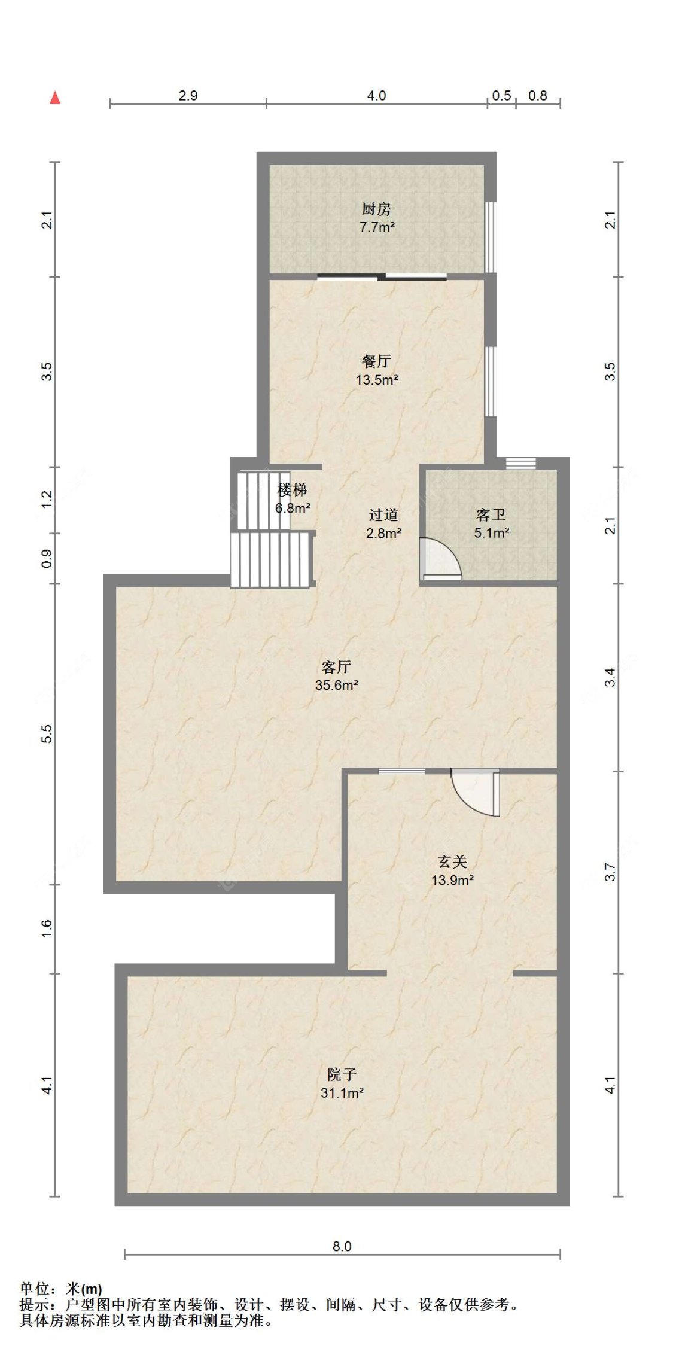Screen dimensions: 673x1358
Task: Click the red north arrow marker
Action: click(55, 98)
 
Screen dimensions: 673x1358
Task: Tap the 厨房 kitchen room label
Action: click(377, 218)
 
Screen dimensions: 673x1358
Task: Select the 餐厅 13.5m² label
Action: click(377, 370)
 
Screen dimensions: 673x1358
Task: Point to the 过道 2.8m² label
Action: click(383, 523)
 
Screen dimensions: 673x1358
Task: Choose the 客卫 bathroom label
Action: click(492, 523)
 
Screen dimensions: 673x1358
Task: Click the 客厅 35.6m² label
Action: click(337, 676)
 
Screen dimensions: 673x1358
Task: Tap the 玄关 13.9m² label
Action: click(453, 870)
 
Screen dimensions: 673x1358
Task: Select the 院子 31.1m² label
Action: click(342, 1083)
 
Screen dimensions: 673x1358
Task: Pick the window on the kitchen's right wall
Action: click(491, 237)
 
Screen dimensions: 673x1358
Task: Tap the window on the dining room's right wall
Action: click(491, 381)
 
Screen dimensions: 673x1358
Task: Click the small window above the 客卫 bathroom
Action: click(520, 464)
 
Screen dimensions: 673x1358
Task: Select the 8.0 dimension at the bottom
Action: click(342, 1246)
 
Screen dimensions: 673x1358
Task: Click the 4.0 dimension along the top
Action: click(376, 95)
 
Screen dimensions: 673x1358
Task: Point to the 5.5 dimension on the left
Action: click(47, 733)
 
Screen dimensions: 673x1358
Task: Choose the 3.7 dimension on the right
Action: click(610, 872)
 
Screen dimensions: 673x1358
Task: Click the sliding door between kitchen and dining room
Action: click(382, 276)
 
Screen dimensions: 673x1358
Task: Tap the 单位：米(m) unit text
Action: click(61, 1289)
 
